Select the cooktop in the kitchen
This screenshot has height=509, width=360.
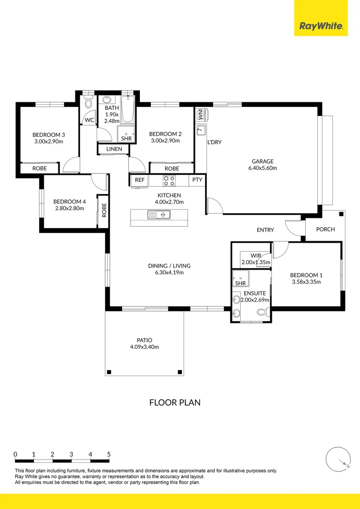(x=169, y=181)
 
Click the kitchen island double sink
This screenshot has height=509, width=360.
(x=159, y=214)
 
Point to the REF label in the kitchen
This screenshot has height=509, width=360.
(x=139, y=180)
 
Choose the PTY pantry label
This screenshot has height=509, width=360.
(x=197, y=180)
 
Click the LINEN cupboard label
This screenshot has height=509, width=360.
(x=114, y=149)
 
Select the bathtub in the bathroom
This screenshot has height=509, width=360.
(x=128, y=109)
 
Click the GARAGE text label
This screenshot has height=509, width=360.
(x=262, y=161)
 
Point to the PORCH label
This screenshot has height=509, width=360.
(x=325, y=230)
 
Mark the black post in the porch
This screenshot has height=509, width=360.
(x=341, y=214)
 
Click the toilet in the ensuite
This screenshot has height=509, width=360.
(x=262, y=312)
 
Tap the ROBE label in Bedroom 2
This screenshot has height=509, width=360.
(x=172, y=168)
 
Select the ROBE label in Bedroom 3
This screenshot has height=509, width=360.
(x=40, y=168)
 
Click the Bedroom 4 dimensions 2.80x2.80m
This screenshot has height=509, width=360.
(x=69, y=208)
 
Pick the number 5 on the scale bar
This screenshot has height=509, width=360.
(x=109, y=454)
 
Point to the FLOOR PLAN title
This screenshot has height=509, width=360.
(x=175, y=402)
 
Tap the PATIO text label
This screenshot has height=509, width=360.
(x=145, y=341)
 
